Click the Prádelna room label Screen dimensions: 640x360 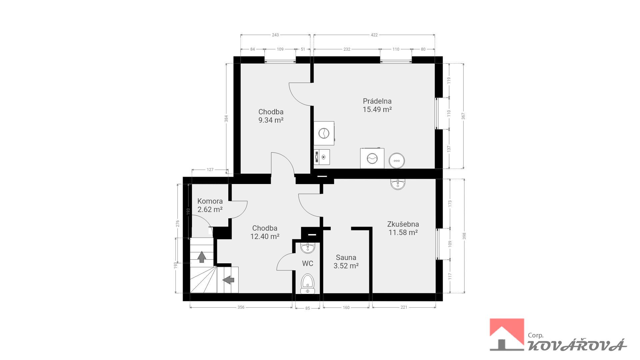click(x=377, y=101)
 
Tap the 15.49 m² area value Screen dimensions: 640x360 click(x=377, y=109)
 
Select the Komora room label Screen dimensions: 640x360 click(x=210, y=201)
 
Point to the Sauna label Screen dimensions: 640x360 click(x=346, y=257)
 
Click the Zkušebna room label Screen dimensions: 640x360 click(x=403, y=224)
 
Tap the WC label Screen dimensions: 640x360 click(x=308, y=264)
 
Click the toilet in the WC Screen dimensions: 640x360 click(x=308, y=284)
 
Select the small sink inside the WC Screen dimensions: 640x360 click(x=308, y=248)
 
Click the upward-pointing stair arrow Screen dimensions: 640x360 click(x=202, y=257)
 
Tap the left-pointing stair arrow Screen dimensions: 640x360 click(x=228, y=280)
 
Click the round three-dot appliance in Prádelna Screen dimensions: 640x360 click(x=397, y=161)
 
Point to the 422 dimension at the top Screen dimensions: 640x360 click(x=374, y=35)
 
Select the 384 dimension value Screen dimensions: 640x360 click(x=226, y=118)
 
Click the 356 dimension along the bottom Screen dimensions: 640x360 click(x=241, y=307)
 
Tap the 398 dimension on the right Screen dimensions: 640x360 click(x=464, y=236)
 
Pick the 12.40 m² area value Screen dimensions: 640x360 click(x=265, y=237)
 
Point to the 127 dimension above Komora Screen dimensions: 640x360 click(x=210, y=170)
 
